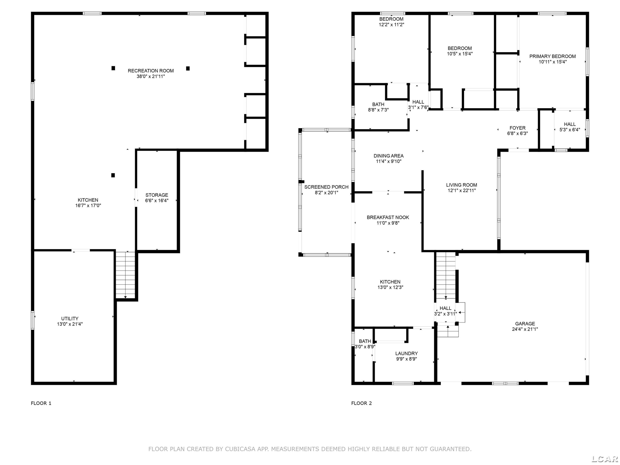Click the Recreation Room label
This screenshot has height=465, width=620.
tap(151, 71)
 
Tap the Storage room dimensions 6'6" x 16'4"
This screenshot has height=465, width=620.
tap(157, 200)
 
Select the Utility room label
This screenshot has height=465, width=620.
tap(70, 318)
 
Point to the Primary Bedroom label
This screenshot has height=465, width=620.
tap(552, 56)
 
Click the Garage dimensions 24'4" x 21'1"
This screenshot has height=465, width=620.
tap(525, 329)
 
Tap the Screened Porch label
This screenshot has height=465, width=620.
tap(327, 187)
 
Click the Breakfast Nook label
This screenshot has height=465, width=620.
tap(388, 217)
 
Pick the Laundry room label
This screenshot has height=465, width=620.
tap(407, 353)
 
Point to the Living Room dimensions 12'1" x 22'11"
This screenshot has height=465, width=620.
tap(462, 191)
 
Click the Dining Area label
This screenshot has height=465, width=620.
tap(389, 156)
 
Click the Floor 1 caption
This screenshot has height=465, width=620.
tap(41, 403)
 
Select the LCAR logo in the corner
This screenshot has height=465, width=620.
tap(604, 459)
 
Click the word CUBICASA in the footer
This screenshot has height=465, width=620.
tap(240, 449)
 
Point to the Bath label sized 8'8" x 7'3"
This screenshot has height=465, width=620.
tap(378, 105)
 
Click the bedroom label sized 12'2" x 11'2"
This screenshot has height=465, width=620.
tap(391, 19)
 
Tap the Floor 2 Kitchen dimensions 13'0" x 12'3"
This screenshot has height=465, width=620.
tap(390, 287)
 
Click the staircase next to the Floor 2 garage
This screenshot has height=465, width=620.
tap(446, 275)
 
